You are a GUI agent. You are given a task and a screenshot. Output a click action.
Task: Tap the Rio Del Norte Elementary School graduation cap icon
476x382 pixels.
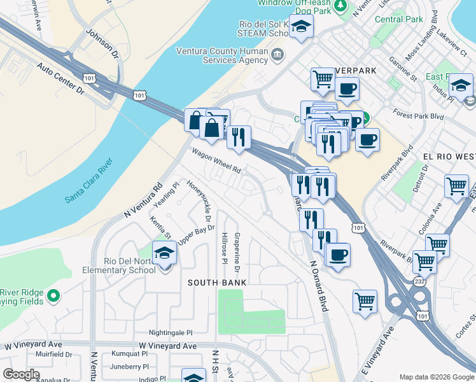tap(165, 253)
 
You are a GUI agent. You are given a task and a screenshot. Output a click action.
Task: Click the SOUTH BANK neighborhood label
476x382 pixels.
tap(216, 282)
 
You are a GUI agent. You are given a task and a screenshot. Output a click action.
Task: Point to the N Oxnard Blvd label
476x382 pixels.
tap(318, 285)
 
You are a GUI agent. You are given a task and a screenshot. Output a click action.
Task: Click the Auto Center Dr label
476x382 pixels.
tap(60, 78)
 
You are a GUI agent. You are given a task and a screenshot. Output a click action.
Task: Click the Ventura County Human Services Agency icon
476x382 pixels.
tap(277, 55)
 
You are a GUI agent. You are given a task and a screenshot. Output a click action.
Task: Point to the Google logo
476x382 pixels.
tap(21, 374)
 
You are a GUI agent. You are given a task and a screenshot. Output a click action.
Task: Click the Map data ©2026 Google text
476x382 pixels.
tap(436, 377)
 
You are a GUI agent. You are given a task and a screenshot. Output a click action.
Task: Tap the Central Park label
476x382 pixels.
tap(399, 19)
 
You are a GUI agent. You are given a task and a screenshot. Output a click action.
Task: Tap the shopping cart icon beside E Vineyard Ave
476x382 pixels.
tap(365, 301)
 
